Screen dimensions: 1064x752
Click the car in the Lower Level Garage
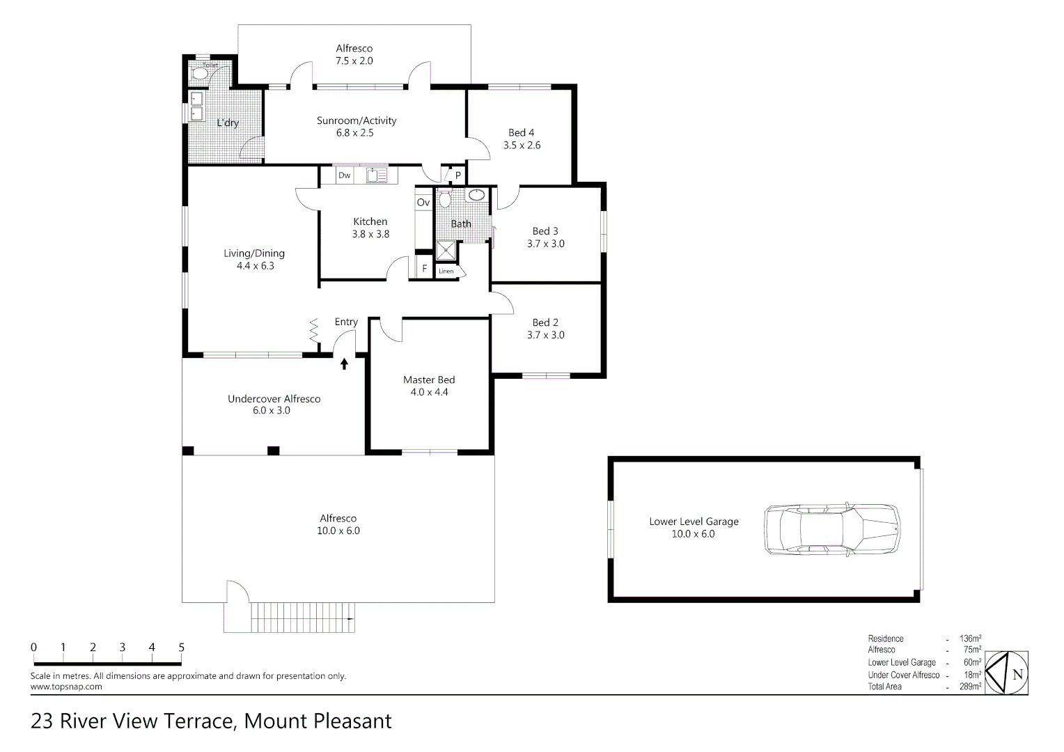(x=831, y=529)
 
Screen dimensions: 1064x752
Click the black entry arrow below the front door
(x=344, y=363)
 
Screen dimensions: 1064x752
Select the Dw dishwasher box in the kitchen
(x=345, y=175)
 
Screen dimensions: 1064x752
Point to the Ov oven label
(x=423, y=203)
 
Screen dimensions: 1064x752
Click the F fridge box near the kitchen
(x=424, y=268)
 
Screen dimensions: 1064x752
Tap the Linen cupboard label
(x=446, y=271)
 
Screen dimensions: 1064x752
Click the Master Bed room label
(x=429, y=379)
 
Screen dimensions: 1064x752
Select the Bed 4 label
(x=522, y=132)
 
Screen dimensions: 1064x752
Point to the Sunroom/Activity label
(x=357, y=120)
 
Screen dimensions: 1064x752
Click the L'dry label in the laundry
(x=228, y=123)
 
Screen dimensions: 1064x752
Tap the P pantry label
(x=457, y=175)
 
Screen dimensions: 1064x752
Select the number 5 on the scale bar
(x=182, y=647)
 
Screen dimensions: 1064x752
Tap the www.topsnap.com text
(x=66, y=687)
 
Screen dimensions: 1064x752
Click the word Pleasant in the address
(x=352, y=721)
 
